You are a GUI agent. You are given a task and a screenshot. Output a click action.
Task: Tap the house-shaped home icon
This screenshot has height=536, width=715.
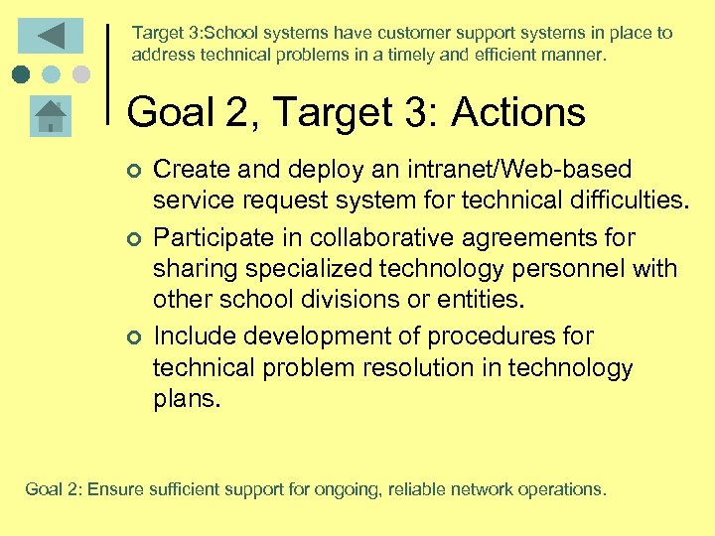(x=50, y=117)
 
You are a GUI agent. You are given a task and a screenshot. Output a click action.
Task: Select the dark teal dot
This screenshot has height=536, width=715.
(x=22, y=74)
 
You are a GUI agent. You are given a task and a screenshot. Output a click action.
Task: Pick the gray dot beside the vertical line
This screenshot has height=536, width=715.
(x=81, y=74)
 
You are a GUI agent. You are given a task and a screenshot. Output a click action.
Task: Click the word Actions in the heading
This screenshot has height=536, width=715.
(x=518, y=112)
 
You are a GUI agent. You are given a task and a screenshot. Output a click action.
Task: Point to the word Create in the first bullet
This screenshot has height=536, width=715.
(x=186, y=171)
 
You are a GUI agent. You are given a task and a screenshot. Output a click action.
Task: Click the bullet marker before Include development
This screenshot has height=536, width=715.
(x=134, y=337)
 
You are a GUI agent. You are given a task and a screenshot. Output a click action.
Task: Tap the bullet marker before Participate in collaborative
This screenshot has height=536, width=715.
(x=134, y=239)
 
